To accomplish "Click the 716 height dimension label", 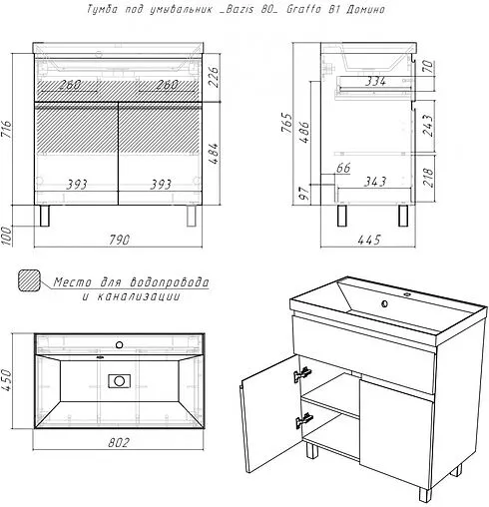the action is pyautogui.click(x=7, y=130).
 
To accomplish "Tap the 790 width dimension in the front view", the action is pyautogui.click(x=119, y=240).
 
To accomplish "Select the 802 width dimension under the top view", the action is pyautogui.click(x=118, y=442).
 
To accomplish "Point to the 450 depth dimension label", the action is pyautogui.click(x=6, y=380).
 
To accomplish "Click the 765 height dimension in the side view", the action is pyautogui.click(x=286, y=123).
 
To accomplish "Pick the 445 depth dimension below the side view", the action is pyautogui.click(x=369, y=240).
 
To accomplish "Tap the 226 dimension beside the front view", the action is pyautogui.click(x=215, y=77).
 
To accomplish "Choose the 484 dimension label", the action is pyautogui.click(x=215, y=154).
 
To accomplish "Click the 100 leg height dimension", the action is pyautogui.click(x=6, y=236).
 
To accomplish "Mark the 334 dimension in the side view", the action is pyautogui.click(x=375, y=81).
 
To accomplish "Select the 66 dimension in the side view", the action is pyautogui.click(x=343, y=168).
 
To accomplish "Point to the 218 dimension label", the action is pyautogui.click(x=428, y=178).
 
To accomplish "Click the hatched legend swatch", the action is pyautogui.click(x=29, y=281).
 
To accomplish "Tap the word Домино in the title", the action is pyautogui.click(x=365, y=9).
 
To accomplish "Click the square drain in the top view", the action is pyautogui.click(x=119, y=381).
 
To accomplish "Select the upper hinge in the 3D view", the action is pyautogui.click(x=302, y=374).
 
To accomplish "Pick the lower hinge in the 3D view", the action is pyautogui.click(x=304, y=420).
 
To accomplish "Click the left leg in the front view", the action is pyautogui.click(x=45, y=216).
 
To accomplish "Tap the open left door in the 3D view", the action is pyautogui.click(x=269, y=413).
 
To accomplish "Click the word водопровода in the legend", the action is pyautogui.click(x=169, y=282).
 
